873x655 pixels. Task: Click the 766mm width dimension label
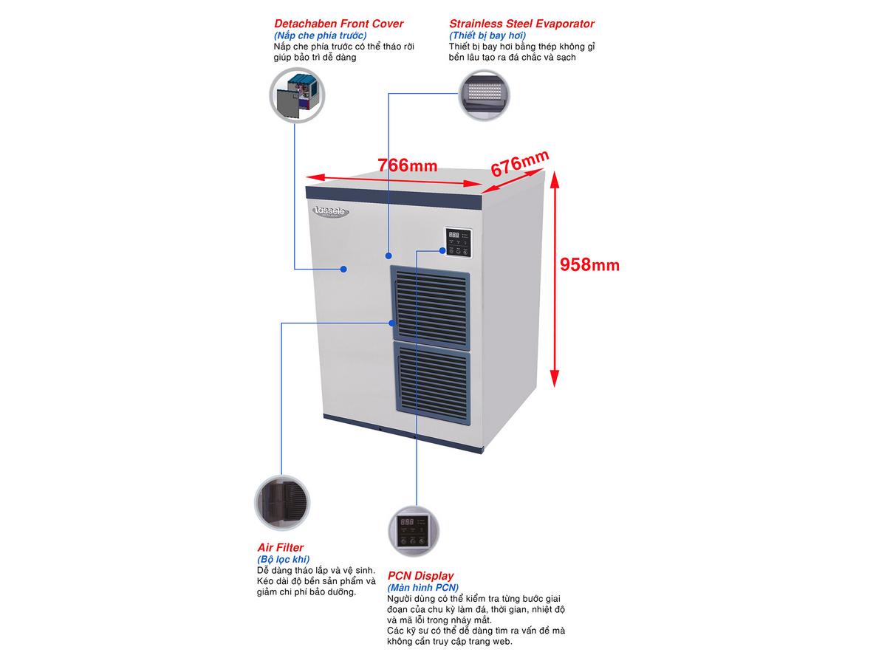click(407, 165)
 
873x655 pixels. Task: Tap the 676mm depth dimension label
click(520, 162)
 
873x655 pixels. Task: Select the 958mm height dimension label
click(589, 264)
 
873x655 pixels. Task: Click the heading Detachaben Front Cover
click(338, 24)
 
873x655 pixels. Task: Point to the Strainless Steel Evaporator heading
click(521, 24)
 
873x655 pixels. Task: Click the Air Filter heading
click(280, 548)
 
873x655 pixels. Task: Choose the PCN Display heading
click(421, 576)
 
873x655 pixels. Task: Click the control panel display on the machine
click(459, 241)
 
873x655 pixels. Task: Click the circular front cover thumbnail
click(296, 96)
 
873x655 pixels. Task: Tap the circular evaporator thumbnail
click(485, 95)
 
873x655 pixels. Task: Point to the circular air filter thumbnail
click(281, 501)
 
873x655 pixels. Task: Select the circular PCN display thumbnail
click(414, 529)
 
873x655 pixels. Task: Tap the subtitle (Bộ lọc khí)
click(283, 560)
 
